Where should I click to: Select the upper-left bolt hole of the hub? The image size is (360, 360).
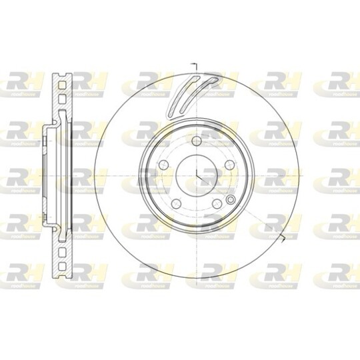162,165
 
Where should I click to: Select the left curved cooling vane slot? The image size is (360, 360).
181,93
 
